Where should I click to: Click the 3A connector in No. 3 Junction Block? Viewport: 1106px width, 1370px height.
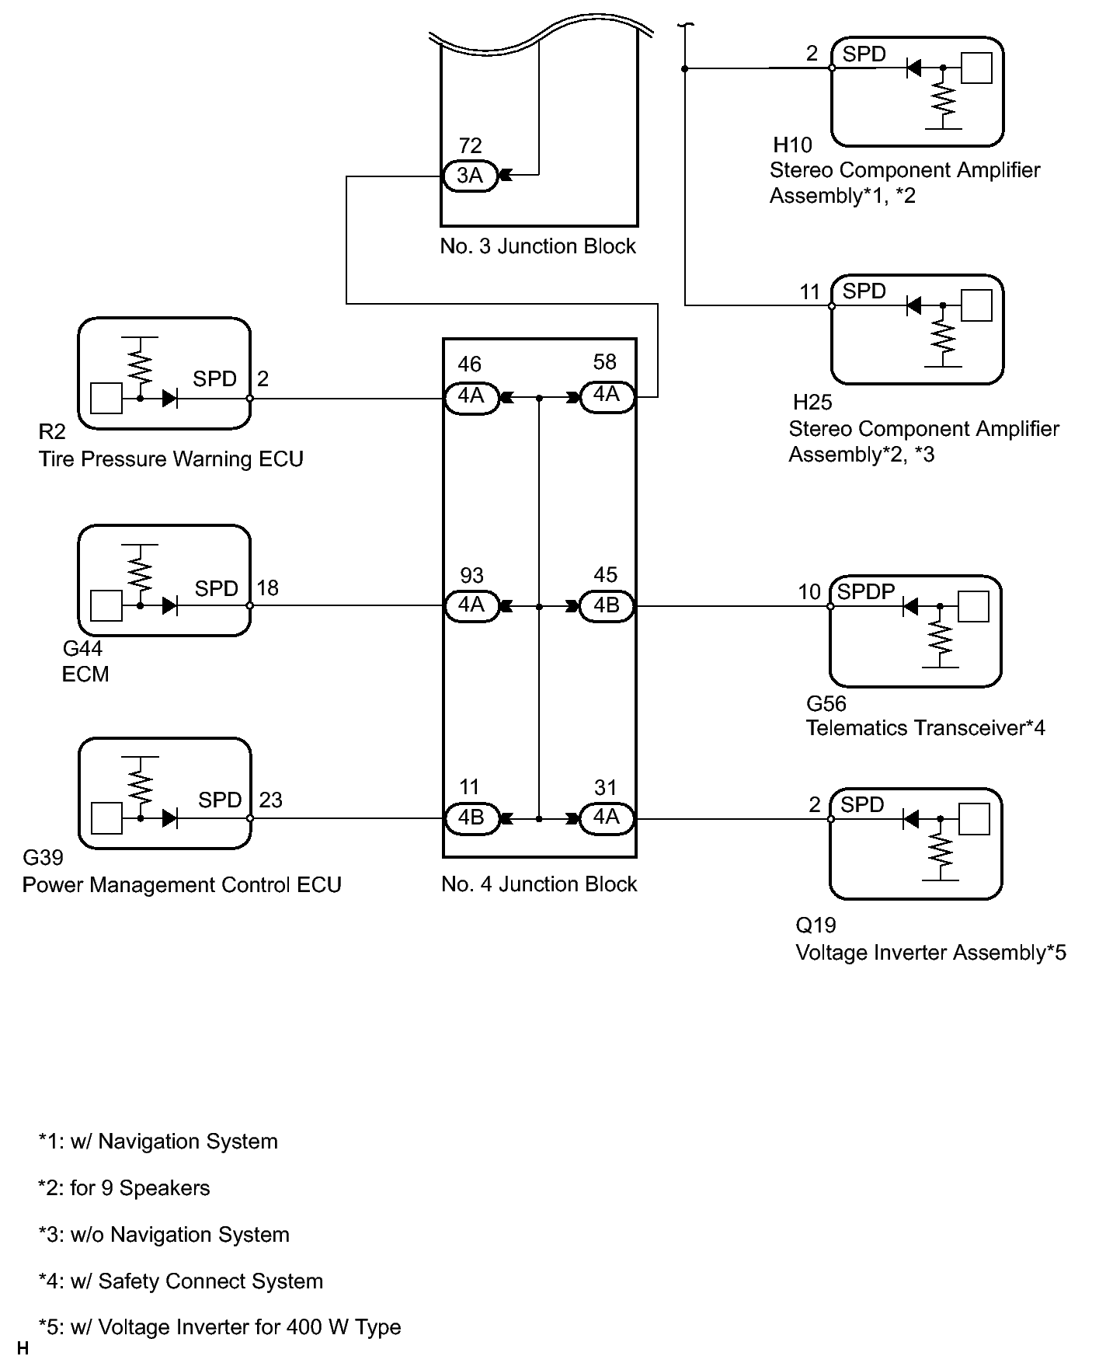pos(469,176)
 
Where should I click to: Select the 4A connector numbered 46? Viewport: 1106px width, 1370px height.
pos(471,397)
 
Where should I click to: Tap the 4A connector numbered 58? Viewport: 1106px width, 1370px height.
pos(607,396)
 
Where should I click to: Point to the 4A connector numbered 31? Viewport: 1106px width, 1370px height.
pos(607,817)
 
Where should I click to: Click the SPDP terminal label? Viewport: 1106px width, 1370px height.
pos(866,592)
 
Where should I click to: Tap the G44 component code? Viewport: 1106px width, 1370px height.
pos(82,648)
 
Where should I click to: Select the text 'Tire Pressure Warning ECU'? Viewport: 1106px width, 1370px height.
pos(171,459)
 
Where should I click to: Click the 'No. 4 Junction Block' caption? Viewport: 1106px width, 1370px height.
pos(539,884)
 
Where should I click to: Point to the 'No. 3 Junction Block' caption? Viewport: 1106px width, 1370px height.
pos(537,246)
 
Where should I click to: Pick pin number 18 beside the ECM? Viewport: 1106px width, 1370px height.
pos(267,588)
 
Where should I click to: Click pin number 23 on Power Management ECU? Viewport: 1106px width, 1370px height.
pos(270,800)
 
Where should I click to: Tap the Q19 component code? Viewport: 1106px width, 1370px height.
pos(816,926)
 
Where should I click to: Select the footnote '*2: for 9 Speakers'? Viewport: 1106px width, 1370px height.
pos(124,1188)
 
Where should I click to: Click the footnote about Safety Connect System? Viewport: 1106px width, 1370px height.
pos(181,1281)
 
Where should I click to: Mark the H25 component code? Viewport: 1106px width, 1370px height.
pos(812,403)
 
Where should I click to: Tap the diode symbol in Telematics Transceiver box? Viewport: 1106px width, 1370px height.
pos(911,606)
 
